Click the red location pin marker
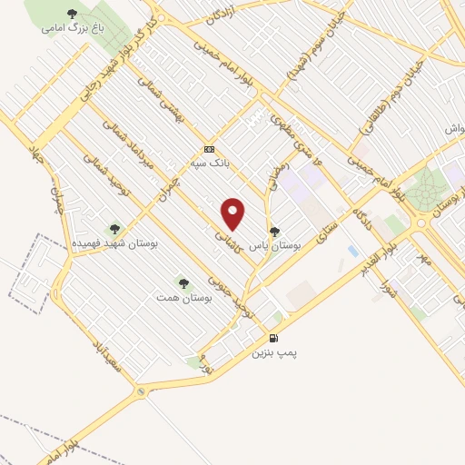coord(233,213)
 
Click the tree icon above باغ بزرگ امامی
coord(73,13)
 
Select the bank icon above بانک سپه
coord(210,149)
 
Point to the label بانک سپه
coord(210,163)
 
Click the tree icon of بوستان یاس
coord(274,232)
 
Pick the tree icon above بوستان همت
coord(184,283)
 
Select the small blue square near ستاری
coord(352,250)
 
